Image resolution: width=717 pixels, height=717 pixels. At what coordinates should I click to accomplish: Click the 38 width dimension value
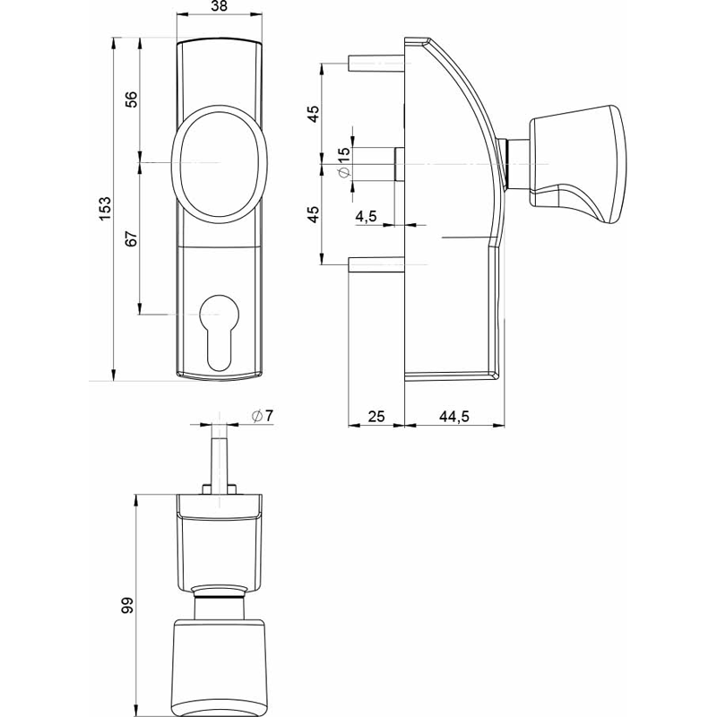point(220,5)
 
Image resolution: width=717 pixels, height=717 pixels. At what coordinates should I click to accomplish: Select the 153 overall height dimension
point(105,208)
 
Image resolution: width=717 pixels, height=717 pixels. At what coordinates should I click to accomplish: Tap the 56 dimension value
point(131,99)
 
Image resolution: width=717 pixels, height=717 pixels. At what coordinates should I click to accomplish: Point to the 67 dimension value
point(131,238)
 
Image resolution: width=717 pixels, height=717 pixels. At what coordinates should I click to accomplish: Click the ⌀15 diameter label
point(344,161)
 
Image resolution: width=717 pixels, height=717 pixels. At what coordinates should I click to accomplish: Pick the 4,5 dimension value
point(366,215)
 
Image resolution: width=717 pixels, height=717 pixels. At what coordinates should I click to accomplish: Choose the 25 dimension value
point(376,416)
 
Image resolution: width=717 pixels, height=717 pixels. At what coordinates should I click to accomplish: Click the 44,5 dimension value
point(454,416)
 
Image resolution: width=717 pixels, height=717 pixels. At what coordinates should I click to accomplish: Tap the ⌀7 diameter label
point(262,415)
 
